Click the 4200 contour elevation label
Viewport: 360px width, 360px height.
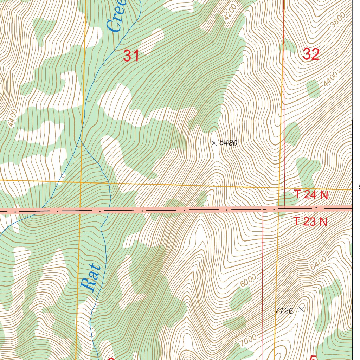click(230, 13)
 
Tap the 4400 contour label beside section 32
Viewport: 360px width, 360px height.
click(331, 79)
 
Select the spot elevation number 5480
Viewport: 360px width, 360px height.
click(229, 143)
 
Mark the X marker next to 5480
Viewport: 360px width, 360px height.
click(214, 143)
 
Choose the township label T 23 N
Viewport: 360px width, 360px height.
click(310, 221)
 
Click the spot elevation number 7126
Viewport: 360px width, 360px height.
click(284, 310)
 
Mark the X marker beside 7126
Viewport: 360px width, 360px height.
click(301, 309)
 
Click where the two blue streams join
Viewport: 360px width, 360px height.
click(79, 139)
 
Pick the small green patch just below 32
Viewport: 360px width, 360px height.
click(313, 89)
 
